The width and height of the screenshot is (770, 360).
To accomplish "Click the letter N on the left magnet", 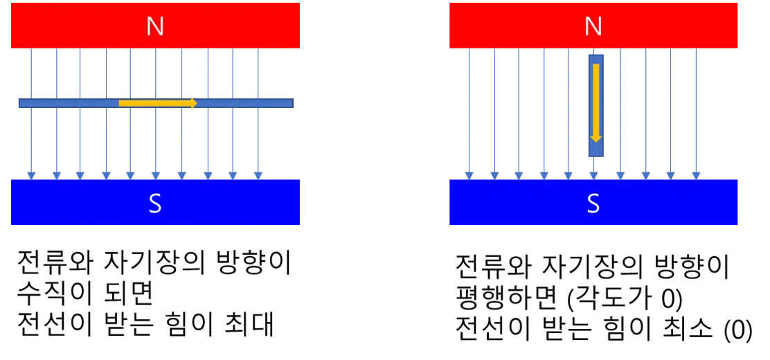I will click(155, 26).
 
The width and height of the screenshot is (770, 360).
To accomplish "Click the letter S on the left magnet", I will click(155, 204).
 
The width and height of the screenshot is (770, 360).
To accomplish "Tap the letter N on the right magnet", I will click(593, 26).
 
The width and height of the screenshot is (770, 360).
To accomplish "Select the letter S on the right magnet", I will click(593, 204).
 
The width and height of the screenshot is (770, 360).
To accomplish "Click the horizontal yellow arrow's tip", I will click(197, 103).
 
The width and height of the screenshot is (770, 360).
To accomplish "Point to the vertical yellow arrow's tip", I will click(596, 141).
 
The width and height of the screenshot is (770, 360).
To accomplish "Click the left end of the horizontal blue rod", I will click(19, 103).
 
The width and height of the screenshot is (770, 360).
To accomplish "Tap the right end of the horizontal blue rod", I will click(292, 103).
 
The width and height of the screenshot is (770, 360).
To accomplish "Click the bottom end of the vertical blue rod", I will click(596, 159).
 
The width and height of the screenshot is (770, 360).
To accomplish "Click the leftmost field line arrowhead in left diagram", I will click(30, 173).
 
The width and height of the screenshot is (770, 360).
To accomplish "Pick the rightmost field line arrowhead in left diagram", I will click(258, 173).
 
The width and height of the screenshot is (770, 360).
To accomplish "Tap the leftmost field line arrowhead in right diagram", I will click(469, 173).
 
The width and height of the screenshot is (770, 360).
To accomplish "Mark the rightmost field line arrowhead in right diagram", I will click(695, 173).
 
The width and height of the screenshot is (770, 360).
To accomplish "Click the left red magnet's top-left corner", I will click(9, 1).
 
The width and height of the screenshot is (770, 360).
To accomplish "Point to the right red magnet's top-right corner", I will click(740, 1).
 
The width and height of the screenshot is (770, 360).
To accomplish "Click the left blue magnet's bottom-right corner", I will click(301, 225).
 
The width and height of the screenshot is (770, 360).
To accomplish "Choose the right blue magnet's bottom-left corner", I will click(449, 225).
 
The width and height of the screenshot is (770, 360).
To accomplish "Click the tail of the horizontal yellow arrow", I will click(120, 103).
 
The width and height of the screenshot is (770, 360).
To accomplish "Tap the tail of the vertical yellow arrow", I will click(596, 65).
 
